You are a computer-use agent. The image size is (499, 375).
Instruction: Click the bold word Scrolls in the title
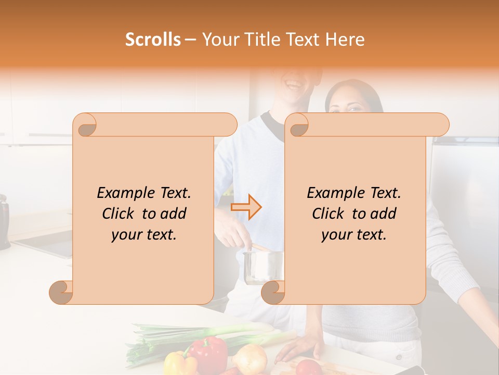point(153,40)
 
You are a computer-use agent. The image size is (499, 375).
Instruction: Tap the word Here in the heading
point(346,40)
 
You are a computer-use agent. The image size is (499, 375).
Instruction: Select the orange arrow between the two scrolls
point(246,207)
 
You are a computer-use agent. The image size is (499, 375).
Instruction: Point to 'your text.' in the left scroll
point(144,235)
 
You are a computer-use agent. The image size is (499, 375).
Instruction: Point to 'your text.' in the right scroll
point(354,235)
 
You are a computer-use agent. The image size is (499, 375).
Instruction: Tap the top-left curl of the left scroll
point(86,126)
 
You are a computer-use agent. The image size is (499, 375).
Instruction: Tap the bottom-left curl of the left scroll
point(61,292)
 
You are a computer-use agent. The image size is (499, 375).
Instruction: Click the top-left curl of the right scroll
point(297,126)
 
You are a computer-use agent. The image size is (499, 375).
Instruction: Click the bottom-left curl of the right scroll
point(272,292)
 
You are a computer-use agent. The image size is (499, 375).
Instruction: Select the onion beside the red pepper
point(250,358)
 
